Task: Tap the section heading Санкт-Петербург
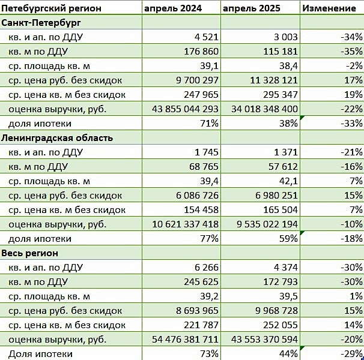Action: pos(42,22)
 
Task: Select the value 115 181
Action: pos(278,52)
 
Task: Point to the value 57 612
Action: pos(281,167)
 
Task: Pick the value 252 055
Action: pos(278,325)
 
